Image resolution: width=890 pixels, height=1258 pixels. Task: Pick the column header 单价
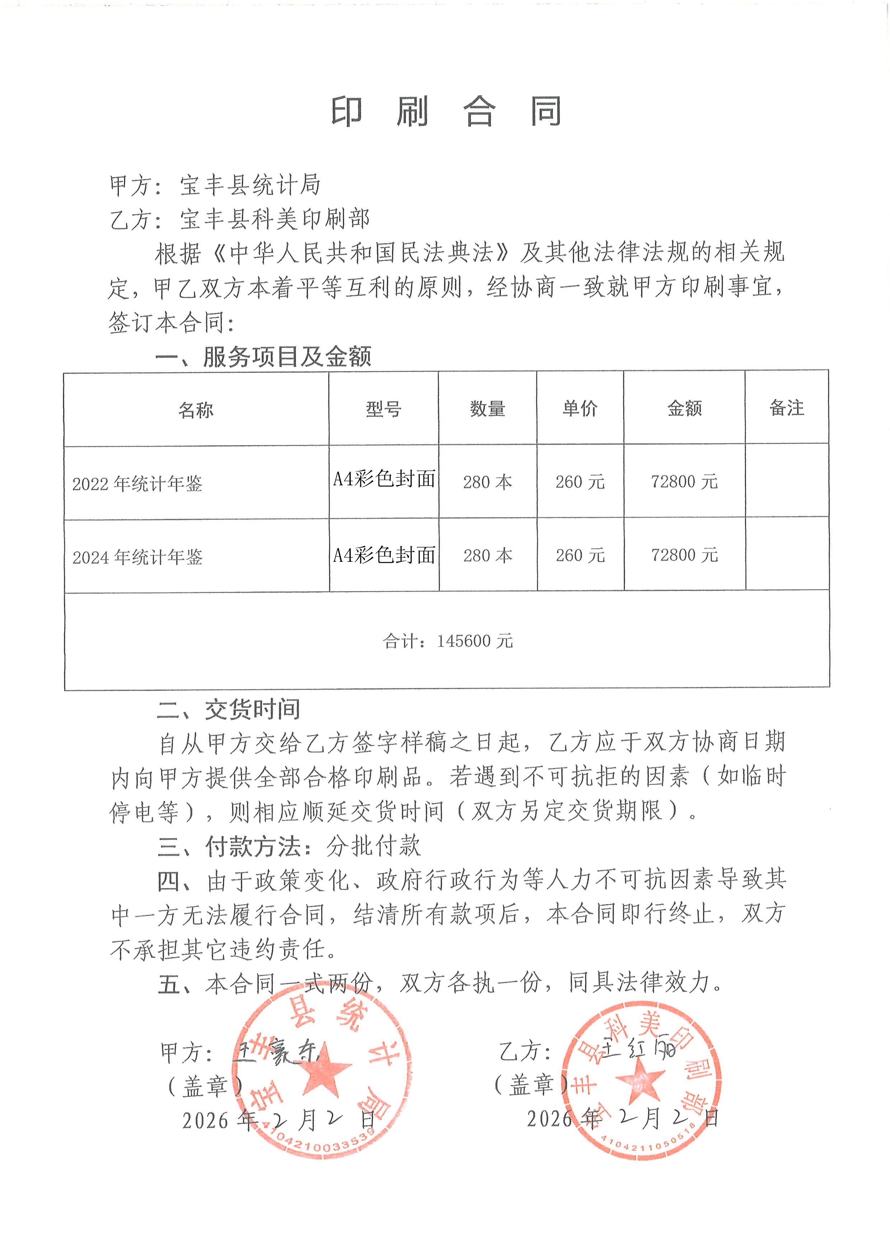point(580,408)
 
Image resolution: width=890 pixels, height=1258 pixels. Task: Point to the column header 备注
point(786,407)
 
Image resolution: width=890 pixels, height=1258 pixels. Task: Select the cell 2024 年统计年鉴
point(137,557)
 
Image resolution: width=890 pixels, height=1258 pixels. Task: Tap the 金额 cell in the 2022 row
point(684,482)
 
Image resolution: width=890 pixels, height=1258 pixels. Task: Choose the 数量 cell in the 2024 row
point(488,556)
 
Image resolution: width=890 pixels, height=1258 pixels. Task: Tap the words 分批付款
point(374,846)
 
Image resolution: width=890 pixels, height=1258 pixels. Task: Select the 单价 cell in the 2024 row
point(580,556)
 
